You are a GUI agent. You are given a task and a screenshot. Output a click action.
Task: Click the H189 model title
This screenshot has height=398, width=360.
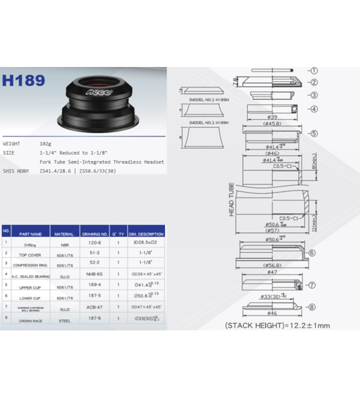(23, 81)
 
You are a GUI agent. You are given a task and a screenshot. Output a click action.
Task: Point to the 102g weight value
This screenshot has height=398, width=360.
(45, 143)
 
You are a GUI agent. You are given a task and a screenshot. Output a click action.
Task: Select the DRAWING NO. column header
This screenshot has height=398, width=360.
(95, 234)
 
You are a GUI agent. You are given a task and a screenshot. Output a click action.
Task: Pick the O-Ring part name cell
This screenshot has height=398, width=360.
(30, 244)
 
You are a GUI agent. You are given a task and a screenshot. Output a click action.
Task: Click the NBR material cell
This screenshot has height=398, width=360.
(64, 244)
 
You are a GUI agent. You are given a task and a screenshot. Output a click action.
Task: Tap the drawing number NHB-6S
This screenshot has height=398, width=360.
(95, 274)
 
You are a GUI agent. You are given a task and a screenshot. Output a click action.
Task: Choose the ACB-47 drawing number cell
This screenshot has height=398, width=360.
(95, 308)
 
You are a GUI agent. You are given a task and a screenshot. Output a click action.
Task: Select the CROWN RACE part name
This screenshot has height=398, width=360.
(30, 320)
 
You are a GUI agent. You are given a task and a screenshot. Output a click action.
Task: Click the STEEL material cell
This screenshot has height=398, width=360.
(64, 320)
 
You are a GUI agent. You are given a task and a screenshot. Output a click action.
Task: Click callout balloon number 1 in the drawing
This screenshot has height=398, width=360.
(314, 71)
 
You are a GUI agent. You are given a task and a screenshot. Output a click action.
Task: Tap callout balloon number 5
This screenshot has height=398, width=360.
(314, 134)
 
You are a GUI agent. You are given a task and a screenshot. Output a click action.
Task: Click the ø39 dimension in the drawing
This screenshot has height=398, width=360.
(272, 118)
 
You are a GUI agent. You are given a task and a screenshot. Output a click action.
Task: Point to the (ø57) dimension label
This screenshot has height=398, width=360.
(272, 231)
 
